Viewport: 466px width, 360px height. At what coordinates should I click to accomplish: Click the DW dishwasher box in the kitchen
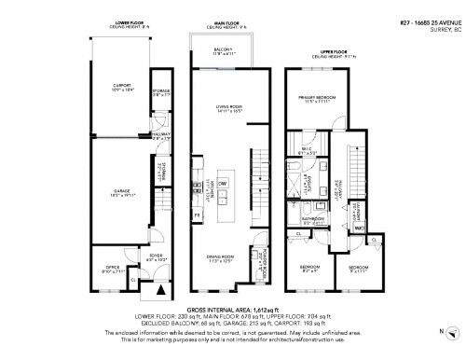[224, 184]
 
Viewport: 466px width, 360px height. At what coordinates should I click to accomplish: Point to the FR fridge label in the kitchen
[198, 215]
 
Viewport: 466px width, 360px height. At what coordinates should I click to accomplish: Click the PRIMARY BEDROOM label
[316, 98]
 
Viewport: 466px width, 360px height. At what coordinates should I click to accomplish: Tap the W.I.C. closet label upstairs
[305, 149]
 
